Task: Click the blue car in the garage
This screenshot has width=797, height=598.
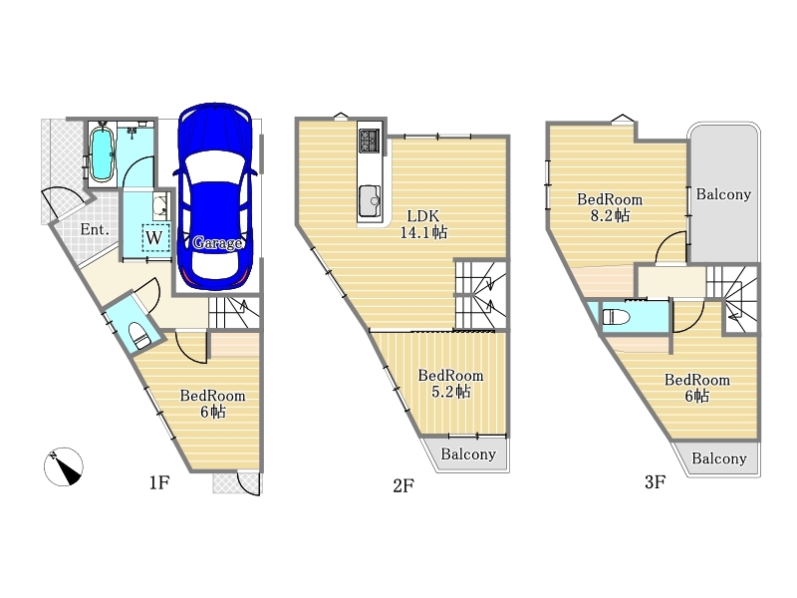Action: point(215,197)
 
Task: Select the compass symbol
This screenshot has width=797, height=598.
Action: point(64,466)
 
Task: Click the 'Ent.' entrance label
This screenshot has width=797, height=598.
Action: point(95,229)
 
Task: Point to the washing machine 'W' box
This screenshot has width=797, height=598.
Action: point(154,237)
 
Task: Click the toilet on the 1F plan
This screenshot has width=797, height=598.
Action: point(138,336)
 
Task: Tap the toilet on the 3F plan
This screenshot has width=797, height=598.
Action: point(616,317)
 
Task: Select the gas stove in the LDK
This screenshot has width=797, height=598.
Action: point(369,141)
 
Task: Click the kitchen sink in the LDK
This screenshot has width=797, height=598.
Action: point(370,201)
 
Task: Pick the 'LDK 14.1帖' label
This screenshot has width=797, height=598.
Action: point(423,224)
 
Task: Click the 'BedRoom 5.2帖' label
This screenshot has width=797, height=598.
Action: point(451,384)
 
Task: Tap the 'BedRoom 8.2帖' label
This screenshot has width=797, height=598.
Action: point(610,207)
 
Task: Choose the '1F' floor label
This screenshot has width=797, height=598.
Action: point(159,482)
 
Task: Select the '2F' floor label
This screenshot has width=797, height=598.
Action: point(403,485)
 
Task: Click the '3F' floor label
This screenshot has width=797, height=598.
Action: point(656,481)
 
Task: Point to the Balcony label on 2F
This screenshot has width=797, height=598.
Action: point(468,454)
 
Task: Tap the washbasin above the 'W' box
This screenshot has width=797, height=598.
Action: point(161,206)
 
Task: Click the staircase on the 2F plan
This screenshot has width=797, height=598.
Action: point(481,294)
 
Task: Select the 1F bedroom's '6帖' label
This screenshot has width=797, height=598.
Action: point(212,412)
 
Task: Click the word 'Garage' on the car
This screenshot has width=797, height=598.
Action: point(217,243)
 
